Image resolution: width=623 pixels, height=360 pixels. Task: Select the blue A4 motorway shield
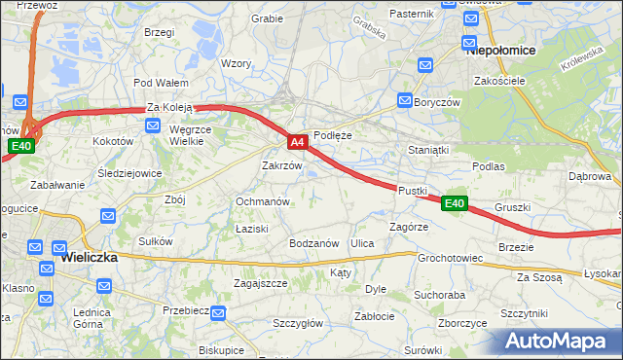pos(299,142)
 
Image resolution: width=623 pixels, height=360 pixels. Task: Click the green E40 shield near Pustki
pos(455,203)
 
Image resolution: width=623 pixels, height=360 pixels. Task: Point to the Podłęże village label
pos(332,135)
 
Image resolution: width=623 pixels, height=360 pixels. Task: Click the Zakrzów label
pos(281,165)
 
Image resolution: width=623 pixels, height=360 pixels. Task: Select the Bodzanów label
pos(313,242)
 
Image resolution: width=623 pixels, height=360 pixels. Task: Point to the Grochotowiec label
pos(451,259)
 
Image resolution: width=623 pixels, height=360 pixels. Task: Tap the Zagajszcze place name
pos(260,283)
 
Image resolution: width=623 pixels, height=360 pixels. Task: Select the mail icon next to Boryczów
pos(405,100)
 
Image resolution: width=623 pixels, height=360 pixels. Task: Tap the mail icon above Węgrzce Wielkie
pos(153,125)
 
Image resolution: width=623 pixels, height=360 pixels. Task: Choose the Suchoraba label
pos(439,293)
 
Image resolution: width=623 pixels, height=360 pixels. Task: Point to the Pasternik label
pos(411,14)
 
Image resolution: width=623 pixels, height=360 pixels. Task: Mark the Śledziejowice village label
pos(130,173)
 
